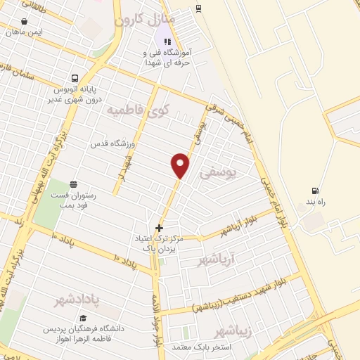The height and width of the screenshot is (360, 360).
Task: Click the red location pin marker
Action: click(x=181, y=165)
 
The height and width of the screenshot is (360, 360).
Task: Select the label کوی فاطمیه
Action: click(x=139, y=110)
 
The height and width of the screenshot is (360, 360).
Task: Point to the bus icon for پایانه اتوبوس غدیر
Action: click(x=75, y=79)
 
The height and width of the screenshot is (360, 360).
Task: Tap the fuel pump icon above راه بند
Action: click(x=314, y=191)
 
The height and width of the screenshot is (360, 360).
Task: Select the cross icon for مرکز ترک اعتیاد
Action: click(x=160, y=228)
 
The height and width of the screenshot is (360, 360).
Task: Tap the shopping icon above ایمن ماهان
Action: click(x=25, y=22)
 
